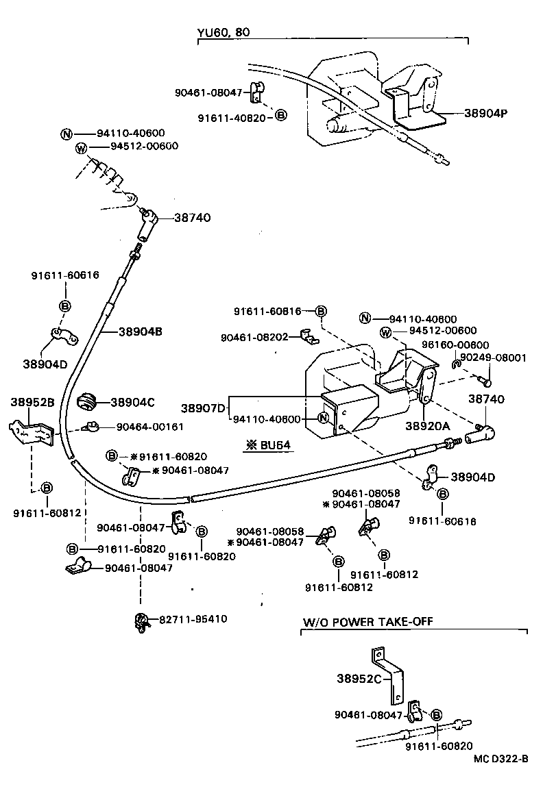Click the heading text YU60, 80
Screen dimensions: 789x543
[x=222, y=32]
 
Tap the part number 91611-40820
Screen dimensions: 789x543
[x=235, y=116]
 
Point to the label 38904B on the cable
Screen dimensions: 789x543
[x=140, y=331]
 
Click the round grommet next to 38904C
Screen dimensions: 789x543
[x=88, y=402]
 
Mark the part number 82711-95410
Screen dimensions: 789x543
[x=193, y=619]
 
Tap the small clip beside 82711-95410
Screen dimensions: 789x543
[x=142, y=621]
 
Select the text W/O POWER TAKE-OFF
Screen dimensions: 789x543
[x=367, y=621]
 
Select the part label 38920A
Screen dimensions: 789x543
[x=427, y=425]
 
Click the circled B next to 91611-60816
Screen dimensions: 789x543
[x=321, y=312]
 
